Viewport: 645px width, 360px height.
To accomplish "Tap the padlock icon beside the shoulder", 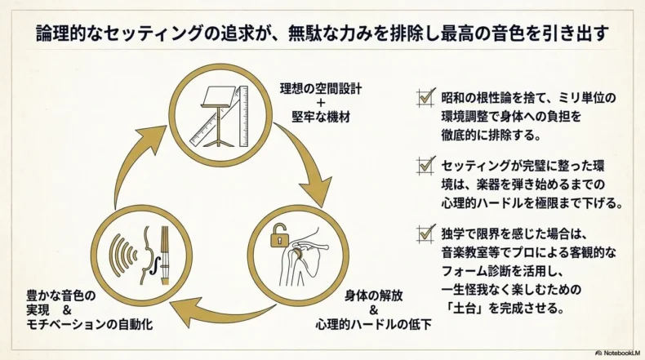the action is [x=279, y=235].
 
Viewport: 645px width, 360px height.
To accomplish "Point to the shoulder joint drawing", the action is [x=303, y=257].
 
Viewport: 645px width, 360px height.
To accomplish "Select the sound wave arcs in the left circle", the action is [x=123, y=255].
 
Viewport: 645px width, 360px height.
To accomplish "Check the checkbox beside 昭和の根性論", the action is [x=425, y=98].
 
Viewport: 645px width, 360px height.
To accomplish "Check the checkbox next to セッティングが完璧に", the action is [x=425, y=166].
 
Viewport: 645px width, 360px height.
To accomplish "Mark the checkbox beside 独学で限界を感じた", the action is [x=425, y=233].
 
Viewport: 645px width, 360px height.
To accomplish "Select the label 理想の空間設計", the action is [x=321, y=89].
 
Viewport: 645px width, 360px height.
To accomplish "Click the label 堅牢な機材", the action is [x=321, y=118].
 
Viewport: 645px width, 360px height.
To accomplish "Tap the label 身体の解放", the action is [x=373, y=296].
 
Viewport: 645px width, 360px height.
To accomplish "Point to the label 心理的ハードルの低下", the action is [x=373, y=324].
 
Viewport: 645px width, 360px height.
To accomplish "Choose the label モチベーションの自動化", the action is [x=89, y=324].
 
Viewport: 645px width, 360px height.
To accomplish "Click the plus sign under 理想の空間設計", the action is [x=321, y=103].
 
